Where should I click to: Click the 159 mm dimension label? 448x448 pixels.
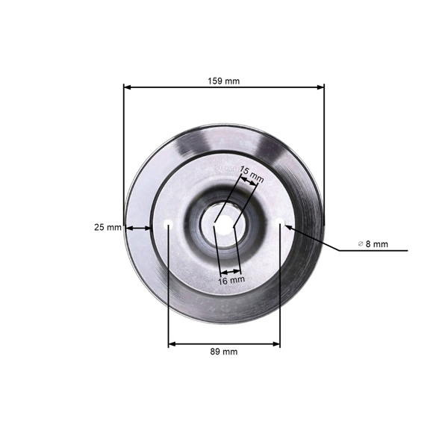(x=223, y=81)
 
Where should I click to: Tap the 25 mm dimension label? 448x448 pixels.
(x=108, y=228)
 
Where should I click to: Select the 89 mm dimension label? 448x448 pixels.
(x=224, y=352)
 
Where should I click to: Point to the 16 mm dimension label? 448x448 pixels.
(x=231, y=280)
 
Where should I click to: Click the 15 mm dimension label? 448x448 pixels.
(x=252, y=175)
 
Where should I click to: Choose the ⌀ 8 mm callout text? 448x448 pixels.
(x=373, y=244)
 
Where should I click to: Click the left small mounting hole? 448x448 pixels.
(x=168, y=224)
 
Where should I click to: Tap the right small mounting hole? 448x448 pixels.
(x=280, y=222)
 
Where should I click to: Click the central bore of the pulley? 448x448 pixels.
(x=224, y=223)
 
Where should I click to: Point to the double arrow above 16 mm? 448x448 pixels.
(x=230, y=272)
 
